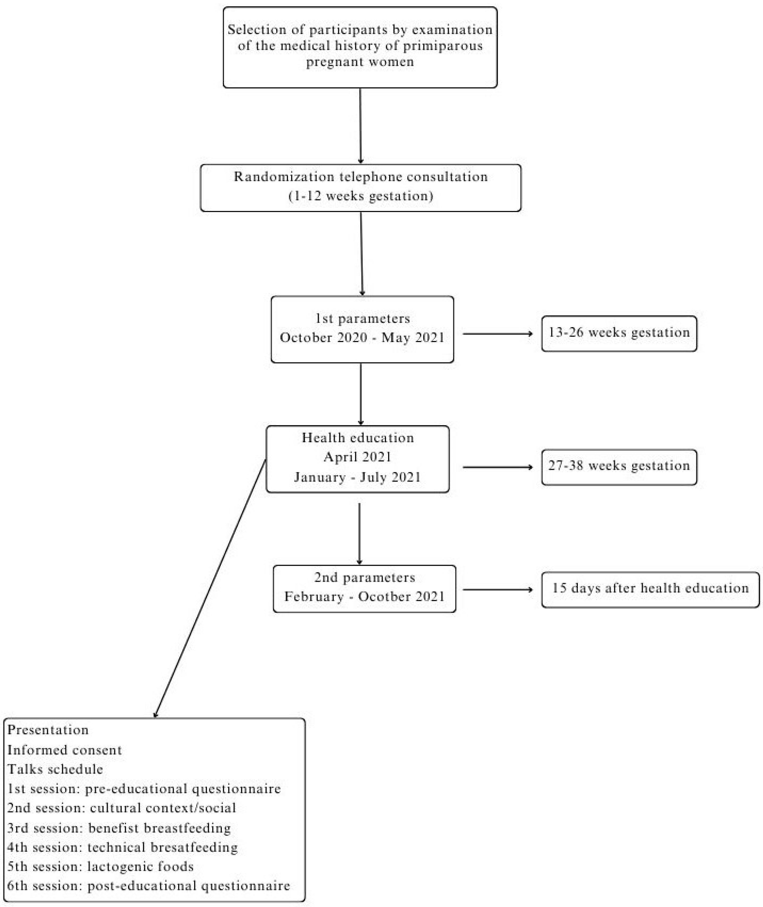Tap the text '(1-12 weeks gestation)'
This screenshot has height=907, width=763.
pos(361,196)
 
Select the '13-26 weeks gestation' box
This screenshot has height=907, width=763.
pos(619,333)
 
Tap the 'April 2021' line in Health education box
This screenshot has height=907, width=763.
pos(357,457)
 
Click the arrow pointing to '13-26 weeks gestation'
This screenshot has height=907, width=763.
pos(497,334)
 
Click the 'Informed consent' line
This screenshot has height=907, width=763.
pos(65,750)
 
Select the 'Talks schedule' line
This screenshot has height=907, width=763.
pos(55,769)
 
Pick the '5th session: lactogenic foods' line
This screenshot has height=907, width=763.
pos(100,866)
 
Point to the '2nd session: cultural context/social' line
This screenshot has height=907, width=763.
pos(122,808)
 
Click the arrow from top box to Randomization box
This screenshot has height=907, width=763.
pos(360,125)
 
